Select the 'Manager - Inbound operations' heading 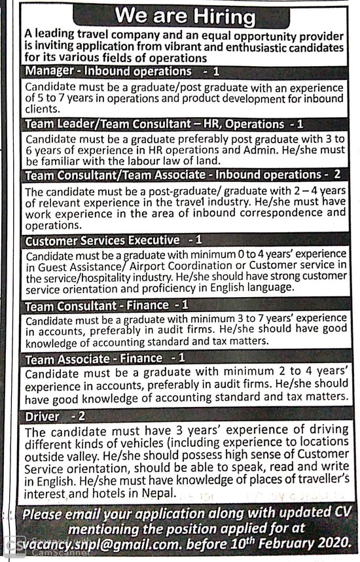[108, 71]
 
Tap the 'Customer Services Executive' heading [101, 241]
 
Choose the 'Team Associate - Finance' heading [94, 358]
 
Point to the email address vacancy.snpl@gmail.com [103, 542]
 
